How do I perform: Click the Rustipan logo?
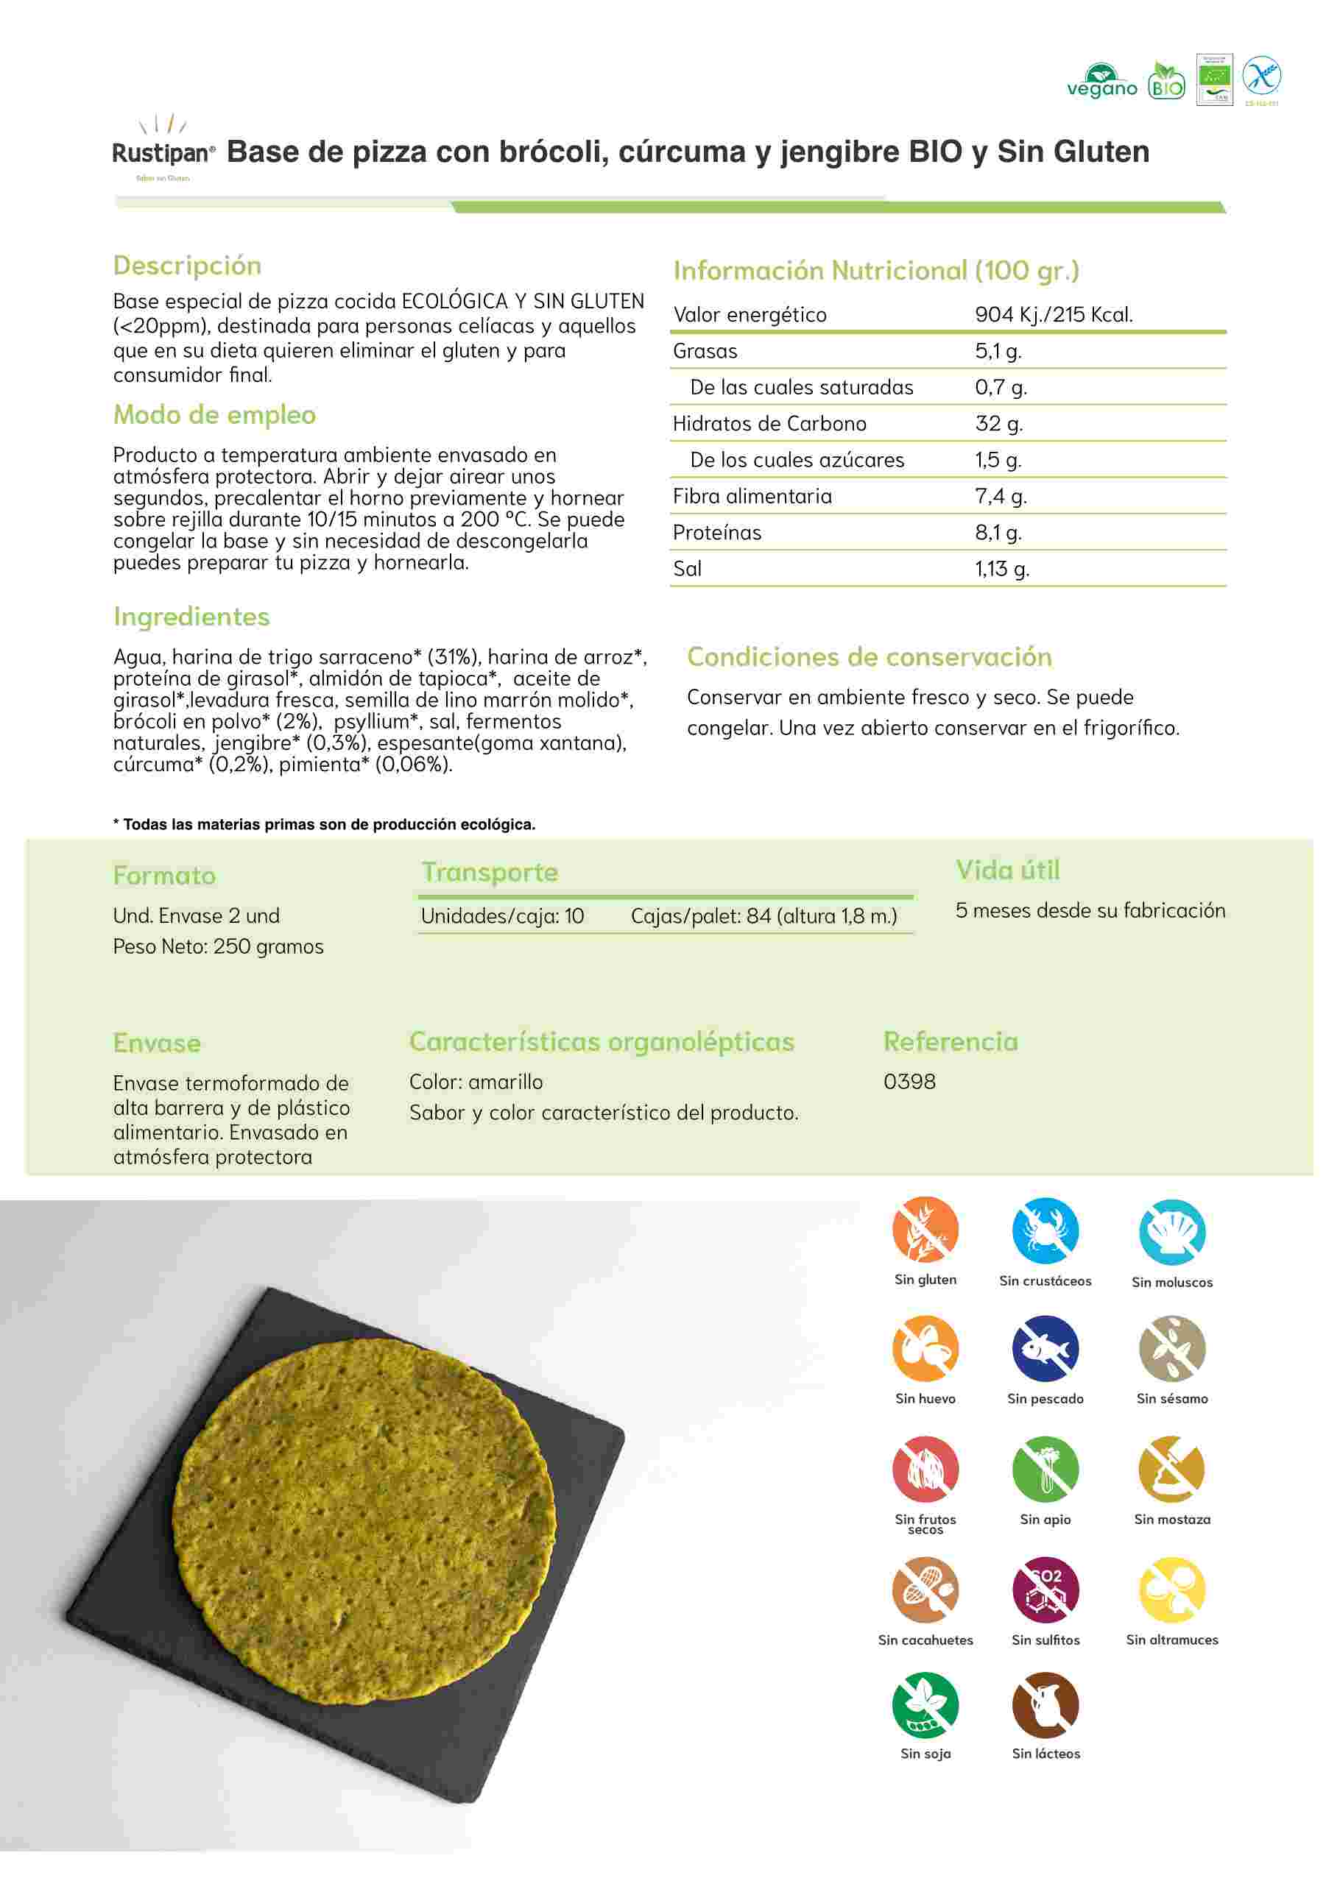tap(163, 149)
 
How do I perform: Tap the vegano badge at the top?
tap(1101, 82)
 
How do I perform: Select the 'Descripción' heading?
tap(187, 266)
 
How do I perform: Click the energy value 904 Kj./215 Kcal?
tap(1054, 314)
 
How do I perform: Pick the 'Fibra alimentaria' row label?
tap(752, 496)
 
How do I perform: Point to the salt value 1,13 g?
tap(1002, 568)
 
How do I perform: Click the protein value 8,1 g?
tap(998, 532)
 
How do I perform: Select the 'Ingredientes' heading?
tap(191, 616)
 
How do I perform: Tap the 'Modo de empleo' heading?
tap(214, 414)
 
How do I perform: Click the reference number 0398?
tap(909, 1081)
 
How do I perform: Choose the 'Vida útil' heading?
tap(1007, 869)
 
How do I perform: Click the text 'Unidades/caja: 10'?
tap(502, 915)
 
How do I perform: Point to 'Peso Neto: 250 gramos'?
tap(218, 946)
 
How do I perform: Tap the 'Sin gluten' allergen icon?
tap(925, 1230)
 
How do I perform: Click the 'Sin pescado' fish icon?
tap(1045, 1348)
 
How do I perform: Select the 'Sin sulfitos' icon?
tap(1045, 1590)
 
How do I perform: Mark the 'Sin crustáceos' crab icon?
tap(1045, 1230)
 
